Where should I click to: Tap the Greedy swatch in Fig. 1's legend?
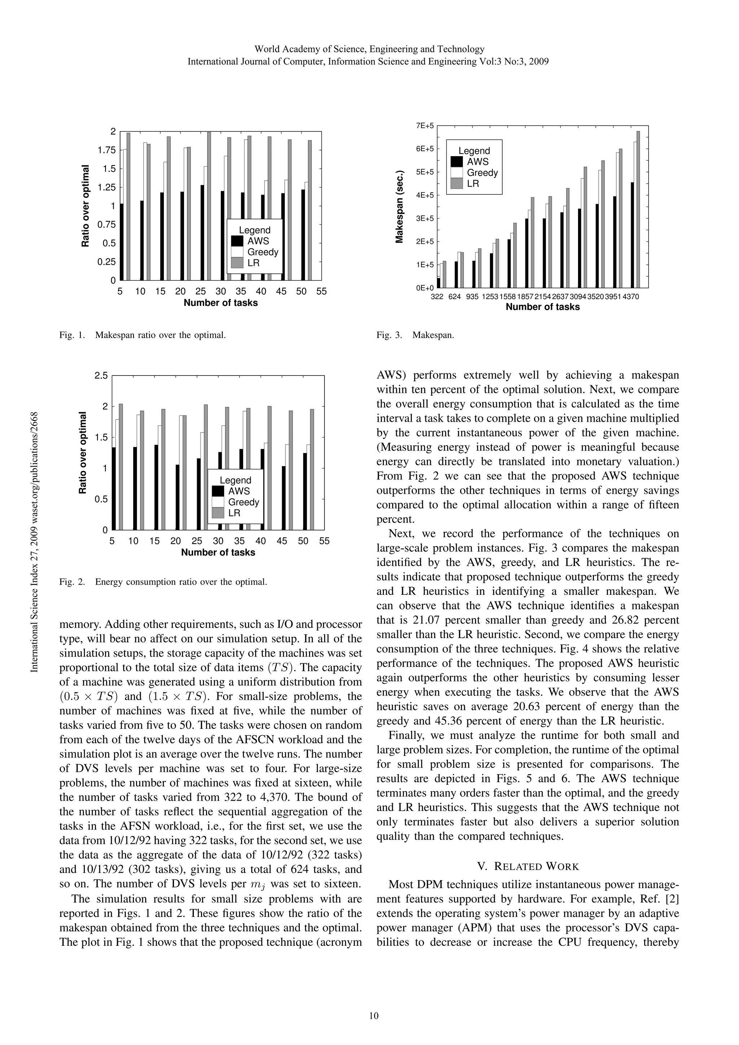click(237, 252)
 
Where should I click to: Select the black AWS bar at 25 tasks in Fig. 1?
click(202, 232)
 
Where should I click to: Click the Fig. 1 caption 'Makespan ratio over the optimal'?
click(160, 335)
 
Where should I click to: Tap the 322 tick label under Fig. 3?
click(437, 297)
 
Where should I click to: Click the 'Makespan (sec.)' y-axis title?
click(399, 207)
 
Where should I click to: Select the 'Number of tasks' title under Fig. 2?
click(218, 553)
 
